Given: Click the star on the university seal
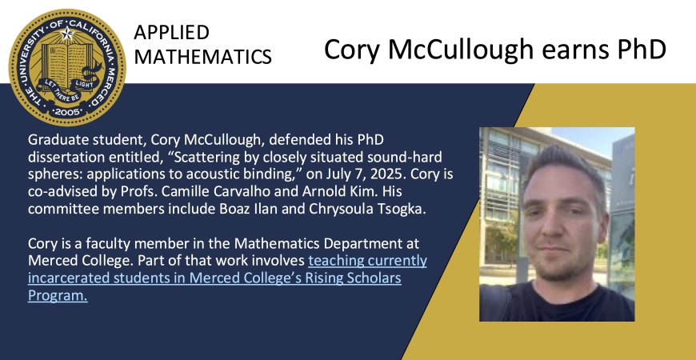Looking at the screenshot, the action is point(67,34).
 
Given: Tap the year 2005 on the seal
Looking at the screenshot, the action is point(67,112).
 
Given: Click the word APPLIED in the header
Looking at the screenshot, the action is point(171,33).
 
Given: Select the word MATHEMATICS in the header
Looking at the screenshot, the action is point(203,57).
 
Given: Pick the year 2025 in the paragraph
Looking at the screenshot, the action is point(389,174).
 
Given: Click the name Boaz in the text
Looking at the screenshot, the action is point(233,209).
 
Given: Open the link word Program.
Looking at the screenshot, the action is point(58,295).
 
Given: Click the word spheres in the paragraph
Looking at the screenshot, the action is point(55,175).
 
